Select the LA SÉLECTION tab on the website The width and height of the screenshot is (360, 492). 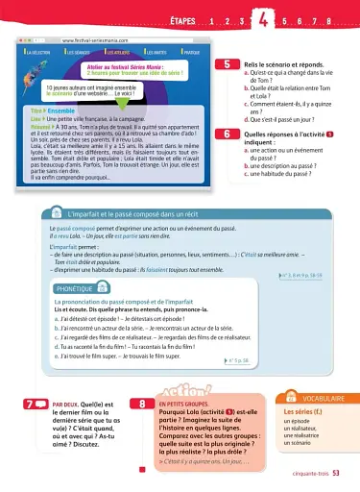pyautogui.click(x=41, y=52)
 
